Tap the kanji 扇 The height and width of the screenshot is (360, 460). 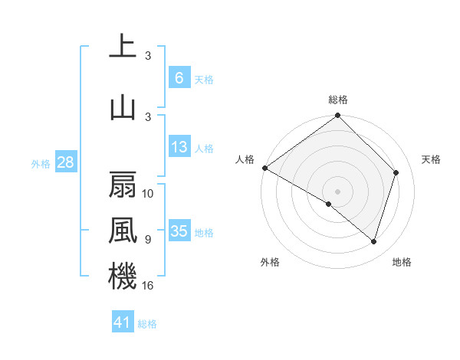(123, 185)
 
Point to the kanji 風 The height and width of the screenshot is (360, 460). (123, 231)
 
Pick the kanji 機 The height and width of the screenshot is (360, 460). (123, 277)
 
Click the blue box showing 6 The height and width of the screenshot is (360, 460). (179, 77)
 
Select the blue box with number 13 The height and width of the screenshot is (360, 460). (179, 147)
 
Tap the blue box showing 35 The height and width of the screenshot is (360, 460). (179, 231)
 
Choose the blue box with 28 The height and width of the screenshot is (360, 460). (65, 162)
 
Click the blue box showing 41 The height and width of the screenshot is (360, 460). (123, 322)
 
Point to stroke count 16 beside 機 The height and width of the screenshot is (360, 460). (149, 286)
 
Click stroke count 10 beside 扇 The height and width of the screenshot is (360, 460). (149, 194)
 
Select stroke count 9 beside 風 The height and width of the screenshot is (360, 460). (148, 240)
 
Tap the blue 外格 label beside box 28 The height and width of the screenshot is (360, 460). (41, 163)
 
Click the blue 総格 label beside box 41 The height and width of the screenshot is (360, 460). (147, 324)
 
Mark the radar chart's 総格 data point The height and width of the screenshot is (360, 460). (337, 116)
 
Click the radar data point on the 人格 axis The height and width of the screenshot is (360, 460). (264, 168)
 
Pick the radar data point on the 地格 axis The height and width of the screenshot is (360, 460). (374, 241)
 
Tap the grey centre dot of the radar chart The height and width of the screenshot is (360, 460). (337, 191)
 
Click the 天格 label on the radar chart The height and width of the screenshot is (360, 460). (431, 159)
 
